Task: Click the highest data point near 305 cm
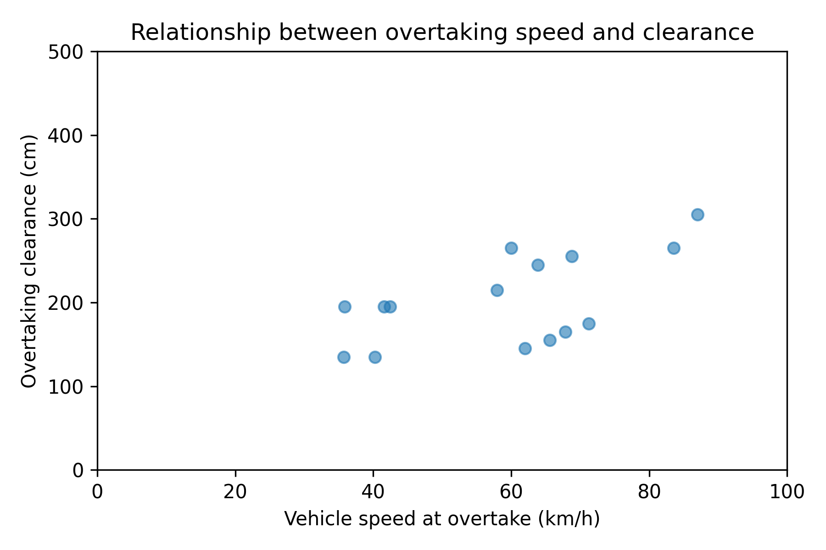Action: pos(698,214)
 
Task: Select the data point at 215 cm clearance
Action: pos(497,290)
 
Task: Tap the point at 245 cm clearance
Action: pos(538,265)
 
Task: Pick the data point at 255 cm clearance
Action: pos(572,256)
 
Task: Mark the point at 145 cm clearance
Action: pos(525,348)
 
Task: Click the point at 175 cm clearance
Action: pos(589,324)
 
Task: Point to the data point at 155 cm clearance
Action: pos(550,340)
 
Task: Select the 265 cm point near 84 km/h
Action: pos(674,248)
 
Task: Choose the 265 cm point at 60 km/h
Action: pos(511,248)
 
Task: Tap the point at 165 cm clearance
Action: pos(565,332)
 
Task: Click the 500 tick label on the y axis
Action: pos(72,52)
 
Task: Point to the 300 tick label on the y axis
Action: pos(72,220)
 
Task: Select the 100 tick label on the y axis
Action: pos(72,387)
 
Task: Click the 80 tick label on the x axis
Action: pos(649,492)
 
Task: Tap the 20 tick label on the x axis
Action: pos(235,492)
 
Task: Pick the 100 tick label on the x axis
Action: pos(787,492)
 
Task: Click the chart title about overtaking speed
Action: pos(442,33)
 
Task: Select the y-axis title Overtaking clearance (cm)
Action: pos(29,261)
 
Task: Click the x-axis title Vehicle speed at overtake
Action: pos(442,519)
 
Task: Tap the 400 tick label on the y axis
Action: pos(72,136)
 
